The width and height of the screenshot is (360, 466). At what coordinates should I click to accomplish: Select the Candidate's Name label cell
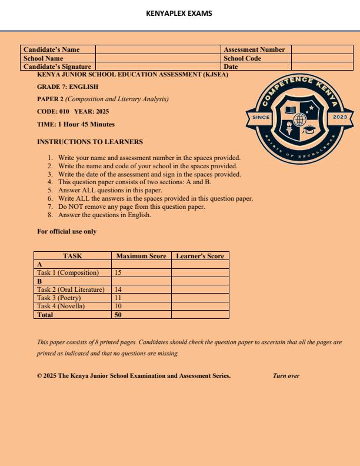pos(51,50)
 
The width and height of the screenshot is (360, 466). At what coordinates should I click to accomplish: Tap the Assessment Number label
pos(254,50)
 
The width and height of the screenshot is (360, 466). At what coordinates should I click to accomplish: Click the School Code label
pos(242,58)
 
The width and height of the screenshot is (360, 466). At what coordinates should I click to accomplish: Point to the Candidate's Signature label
pos(57,66)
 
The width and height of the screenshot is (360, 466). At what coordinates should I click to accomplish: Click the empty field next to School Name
pos(158,58)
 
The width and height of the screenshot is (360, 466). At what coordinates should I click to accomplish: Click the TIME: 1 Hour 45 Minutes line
pos(76,124)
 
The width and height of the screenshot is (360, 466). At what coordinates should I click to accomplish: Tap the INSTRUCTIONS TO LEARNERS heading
pos(89,142)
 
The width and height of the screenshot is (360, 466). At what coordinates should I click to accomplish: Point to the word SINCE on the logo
pos(261,117)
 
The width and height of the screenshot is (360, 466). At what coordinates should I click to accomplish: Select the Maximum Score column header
pos(141,256)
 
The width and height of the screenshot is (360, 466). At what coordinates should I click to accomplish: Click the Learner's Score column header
pos(200,256)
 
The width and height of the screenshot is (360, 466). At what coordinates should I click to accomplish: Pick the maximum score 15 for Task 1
pos(118,273)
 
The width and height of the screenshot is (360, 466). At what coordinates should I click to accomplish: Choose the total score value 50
pos(118,315)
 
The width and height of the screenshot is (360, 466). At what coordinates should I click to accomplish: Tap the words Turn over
pos(286,375)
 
